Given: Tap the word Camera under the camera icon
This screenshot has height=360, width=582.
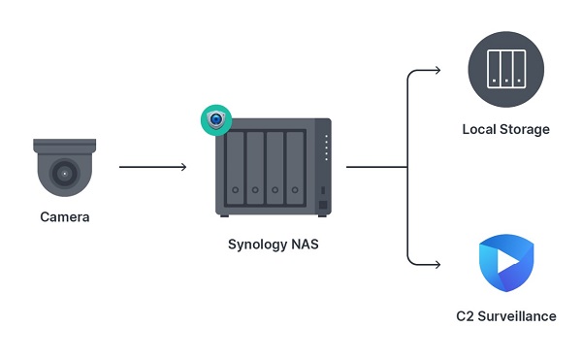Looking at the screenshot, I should tap(65, 217).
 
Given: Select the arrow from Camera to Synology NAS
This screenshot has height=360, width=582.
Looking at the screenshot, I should tap(152, 167).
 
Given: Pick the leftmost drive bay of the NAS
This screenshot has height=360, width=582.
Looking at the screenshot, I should tap(234, 166).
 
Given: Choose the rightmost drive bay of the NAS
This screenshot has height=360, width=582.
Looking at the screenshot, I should tap(297, 166).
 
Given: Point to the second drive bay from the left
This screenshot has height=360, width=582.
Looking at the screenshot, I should tap(255, 166).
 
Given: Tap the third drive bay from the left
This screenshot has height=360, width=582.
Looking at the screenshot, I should tap(276, 166).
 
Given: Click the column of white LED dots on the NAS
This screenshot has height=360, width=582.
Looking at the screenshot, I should tap(326, 148).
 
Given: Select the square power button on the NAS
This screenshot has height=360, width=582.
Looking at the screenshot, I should tap(324, 205).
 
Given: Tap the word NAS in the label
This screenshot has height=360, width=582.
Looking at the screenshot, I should tap(305, 245).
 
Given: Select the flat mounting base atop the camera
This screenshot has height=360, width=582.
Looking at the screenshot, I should tap(65, 144).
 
